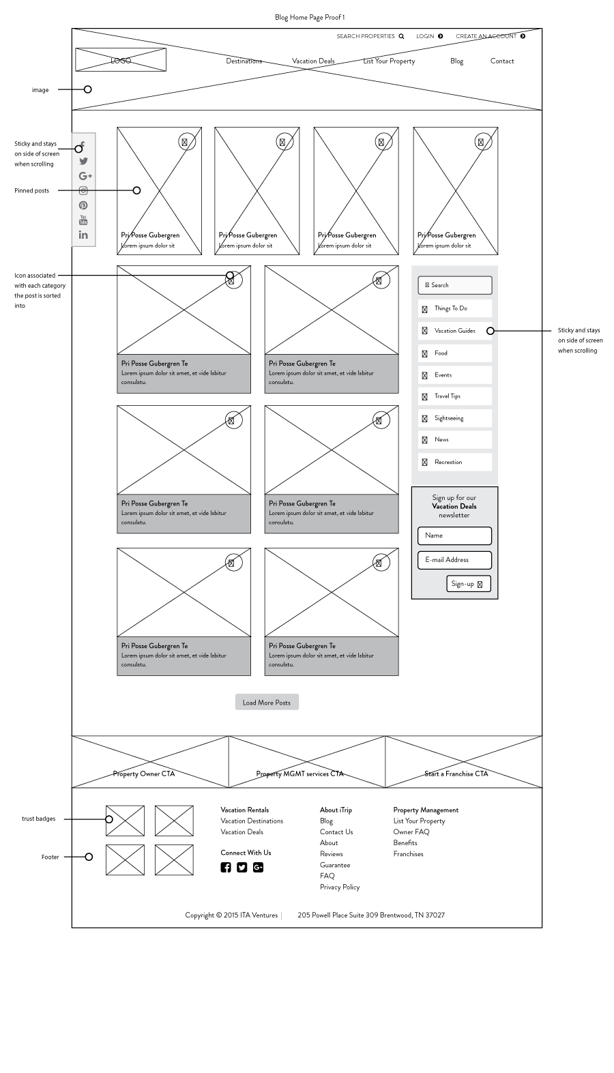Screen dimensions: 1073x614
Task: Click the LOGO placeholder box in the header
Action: click(x=121, y=60)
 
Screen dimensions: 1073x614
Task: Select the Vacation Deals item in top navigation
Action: click(x=313, y=61)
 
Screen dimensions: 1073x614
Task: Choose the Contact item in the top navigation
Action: click(x=502, y=61)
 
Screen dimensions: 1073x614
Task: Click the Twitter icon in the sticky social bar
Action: click(x=83, y=161)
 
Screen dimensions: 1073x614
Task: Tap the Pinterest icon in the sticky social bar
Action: click(x=83, y=205)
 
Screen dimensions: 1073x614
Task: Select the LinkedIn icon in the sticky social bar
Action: click(x=83, y=235)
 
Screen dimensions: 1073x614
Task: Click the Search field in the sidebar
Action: click(x=455, y=285)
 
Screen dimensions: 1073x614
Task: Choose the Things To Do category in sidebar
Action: click(x=455, y=308)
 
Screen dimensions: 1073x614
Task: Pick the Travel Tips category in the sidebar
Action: click(x=455, y=396)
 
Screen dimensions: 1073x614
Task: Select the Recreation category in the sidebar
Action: click(x=455, y=462)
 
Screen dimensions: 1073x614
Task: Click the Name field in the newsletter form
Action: click(x=454, y=535)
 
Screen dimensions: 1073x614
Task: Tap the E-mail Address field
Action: click(x=454, y=560)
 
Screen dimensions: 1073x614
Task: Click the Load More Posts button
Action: click(x=267, y=703)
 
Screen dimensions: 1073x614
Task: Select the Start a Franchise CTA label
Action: click(x=456, y=774)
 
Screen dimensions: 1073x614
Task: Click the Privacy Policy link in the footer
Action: click(x=340, y=887)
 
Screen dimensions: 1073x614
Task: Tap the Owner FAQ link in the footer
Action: click(x=411, y=832)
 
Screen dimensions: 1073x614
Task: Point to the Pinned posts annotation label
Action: click(x=32, y=190)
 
